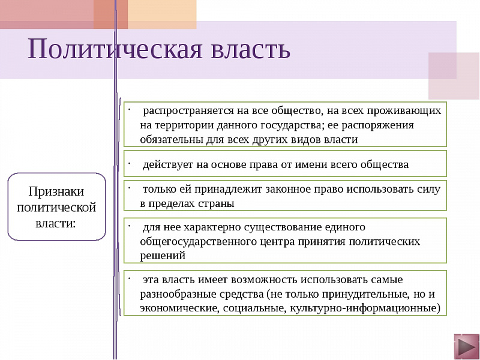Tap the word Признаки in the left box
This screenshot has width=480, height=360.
(x=56, y=192)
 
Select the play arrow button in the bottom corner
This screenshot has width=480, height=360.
(x=466, y=347)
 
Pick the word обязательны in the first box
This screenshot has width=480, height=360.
(x=169, y=139)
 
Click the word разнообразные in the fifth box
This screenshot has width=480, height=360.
(x=179, y=294)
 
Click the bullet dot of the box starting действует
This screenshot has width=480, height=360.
(x=128, y=162)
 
